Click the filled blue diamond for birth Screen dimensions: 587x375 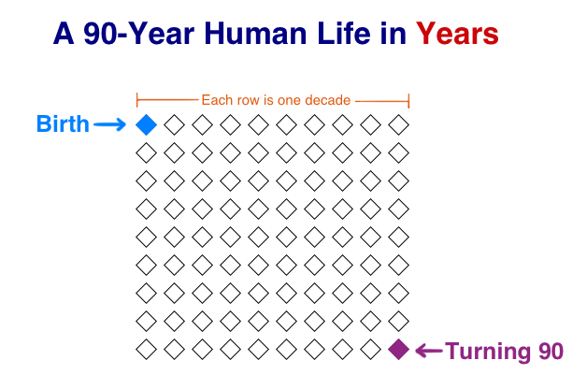coord(146,124)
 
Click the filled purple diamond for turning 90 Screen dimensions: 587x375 coord(399,349)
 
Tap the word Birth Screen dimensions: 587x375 coord(63,124)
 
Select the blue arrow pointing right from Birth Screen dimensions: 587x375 coord(109,124)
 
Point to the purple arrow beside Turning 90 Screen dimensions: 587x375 coord(429,351)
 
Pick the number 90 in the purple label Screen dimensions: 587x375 coord(551,352)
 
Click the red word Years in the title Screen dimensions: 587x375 coord(457,34)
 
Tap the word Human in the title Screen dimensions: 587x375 coord(255,34)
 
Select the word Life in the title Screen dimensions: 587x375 coord(344,34)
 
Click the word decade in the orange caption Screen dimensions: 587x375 coord(327,100)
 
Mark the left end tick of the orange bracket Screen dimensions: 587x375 coord(137,100)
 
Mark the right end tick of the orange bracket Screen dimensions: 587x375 coord(408,101)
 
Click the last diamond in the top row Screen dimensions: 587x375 coord(399,124)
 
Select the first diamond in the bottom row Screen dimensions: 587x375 coord(146,349)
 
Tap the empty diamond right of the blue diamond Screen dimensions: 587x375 coord(174,124)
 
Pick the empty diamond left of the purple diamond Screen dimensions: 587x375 coord(371,349)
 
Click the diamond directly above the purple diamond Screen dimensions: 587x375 coord(399,321)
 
